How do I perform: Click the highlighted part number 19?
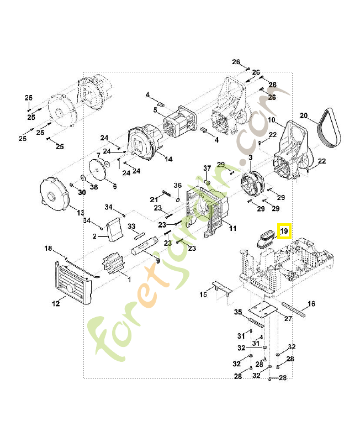pyautogui.click(x=284, y=231)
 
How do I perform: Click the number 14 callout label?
pyautogui.click(x=168, y=159)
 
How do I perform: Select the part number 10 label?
pyautogui.click(x=272, y=120)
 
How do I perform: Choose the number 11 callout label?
pyautogui.click(x=232, y=228)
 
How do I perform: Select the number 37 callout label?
pyautogui.click(x=208, y=168)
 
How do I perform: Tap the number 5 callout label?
pyautogui.click(x=156, y=109)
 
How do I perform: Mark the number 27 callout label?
pyautogui.click(x=288, y=319)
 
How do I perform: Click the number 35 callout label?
pyautogui.click(x=238, y=312)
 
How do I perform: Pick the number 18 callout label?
pyautogui.click(x=48, y=249)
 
